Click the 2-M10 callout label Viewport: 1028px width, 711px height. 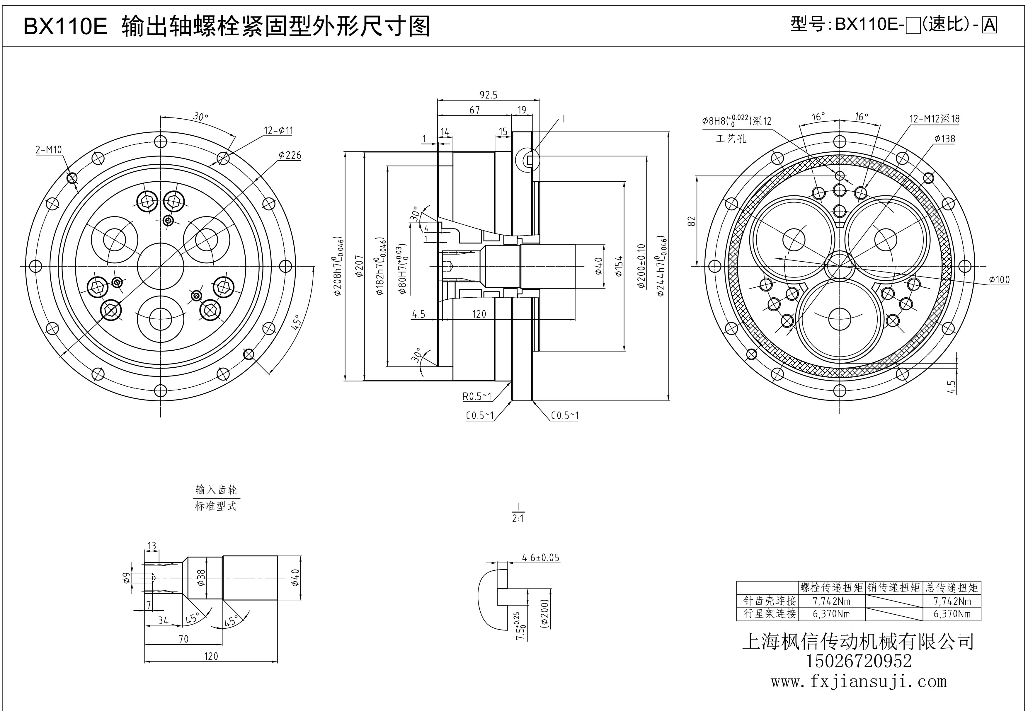pos(49,150)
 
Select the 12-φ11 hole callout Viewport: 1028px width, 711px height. pos(278,131)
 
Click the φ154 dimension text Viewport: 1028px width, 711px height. pos(619,266)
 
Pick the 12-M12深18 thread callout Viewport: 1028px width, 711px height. pos(935,119)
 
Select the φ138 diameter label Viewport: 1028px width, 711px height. pos(945,139)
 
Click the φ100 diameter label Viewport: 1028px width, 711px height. pos(999,280)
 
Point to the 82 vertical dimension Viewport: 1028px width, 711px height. pos(692,221)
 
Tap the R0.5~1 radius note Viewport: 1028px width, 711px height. pos(477,396)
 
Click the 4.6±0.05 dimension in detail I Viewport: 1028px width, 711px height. pos(540,558)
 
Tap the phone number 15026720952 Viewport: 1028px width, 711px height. pos(858,661)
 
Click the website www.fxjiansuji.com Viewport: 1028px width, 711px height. pos(858,682)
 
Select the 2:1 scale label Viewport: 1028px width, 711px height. pos(518,519)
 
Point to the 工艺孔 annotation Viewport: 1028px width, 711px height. pos(731,139)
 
